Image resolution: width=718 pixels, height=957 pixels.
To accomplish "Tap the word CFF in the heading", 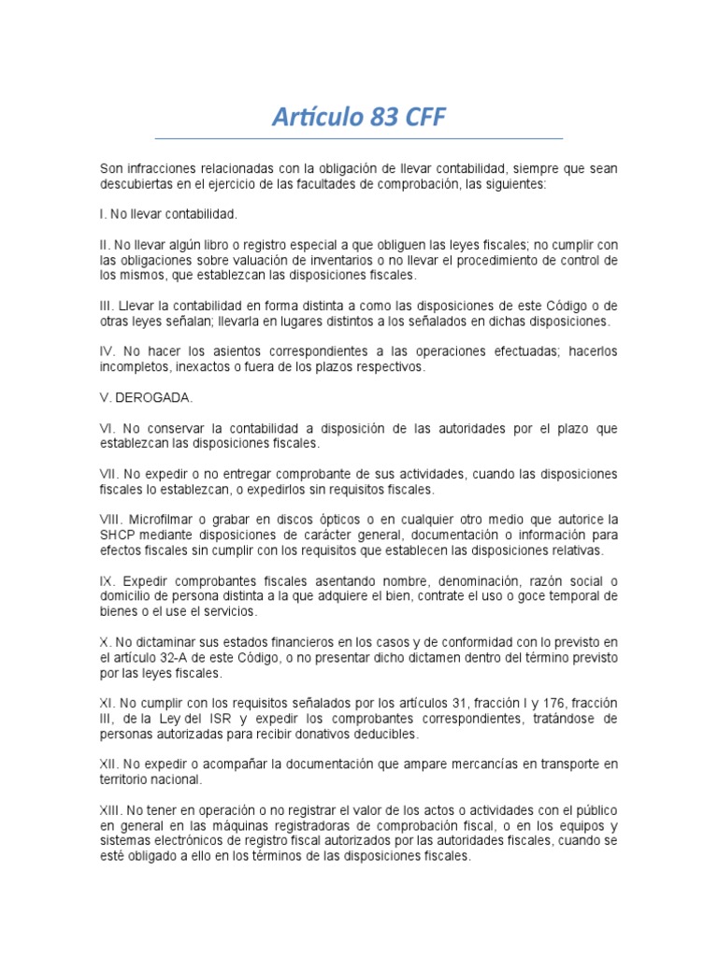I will coord(422,117).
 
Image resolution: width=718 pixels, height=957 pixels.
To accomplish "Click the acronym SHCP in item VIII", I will coord(117,536).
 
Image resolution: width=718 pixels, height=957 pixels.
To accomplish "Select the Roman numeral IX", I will coord(107,581).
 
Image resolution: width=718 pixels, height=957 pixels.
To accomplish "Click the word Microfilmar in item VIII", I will coord(159,520).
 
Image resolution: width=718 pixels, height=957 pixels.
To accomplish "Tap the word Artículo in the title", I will coord(314,117).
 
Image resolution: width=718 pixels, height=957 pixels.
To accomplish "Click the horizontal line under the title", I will coord(359,137).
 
